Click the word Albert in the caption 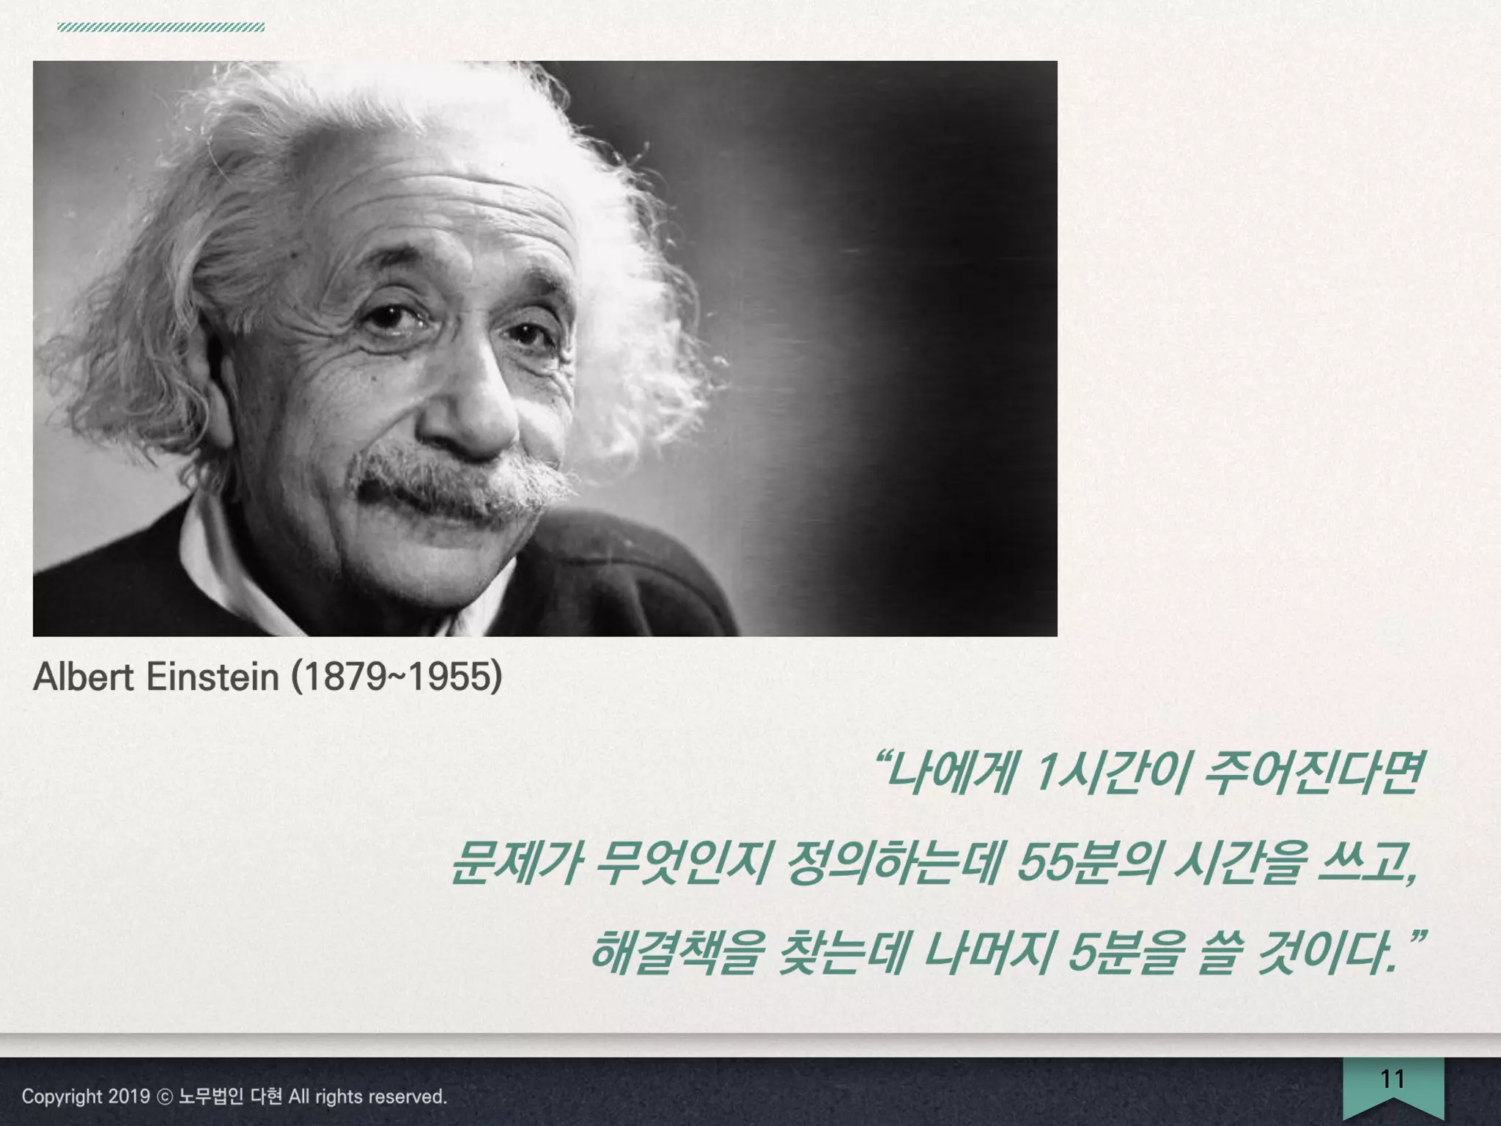84,677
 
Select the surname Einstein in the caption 213,677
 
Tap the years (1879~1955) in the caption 397,677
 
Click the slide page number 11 1393,1079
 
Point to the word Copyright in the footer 62,1097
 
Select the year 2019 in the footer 129,1097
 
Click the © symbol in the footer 166,1097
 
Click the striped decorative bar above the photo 161,28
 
